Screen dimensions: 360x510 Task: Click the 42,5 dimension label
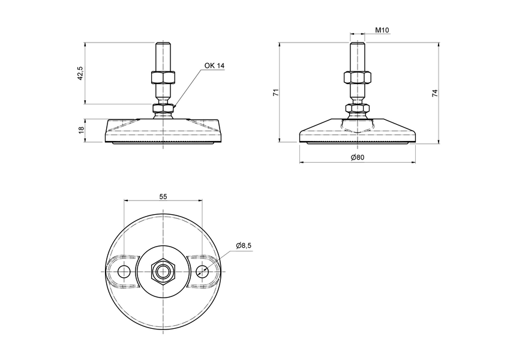coord(80,73)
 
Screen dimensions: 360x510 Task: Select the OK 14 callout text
coord(214,65)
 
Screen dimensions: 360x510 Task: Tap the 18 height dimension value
coord(80,130)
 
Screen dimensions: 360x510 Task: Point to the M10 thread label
coord(382,30)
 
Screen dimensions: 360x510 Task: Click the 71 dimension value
coord(275,92)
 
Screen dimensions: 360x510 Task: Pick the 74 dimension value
coord(435,93)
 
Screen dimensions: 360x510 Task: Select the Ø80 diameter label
coord(357,158)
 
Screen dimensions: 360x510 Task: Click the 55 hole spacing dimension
coord(163,196)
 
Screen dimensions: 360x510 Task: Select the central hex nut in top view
coord(163,272)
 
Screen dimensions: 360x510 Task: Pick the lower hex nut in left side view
coord(163,109)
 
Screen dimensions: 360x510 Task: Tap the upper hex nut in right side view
coord(358,77)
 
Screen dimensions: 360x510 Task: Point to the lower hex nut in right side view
coord(358,109)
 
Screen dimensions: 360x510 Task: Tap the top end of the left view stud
coord(163,43)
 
